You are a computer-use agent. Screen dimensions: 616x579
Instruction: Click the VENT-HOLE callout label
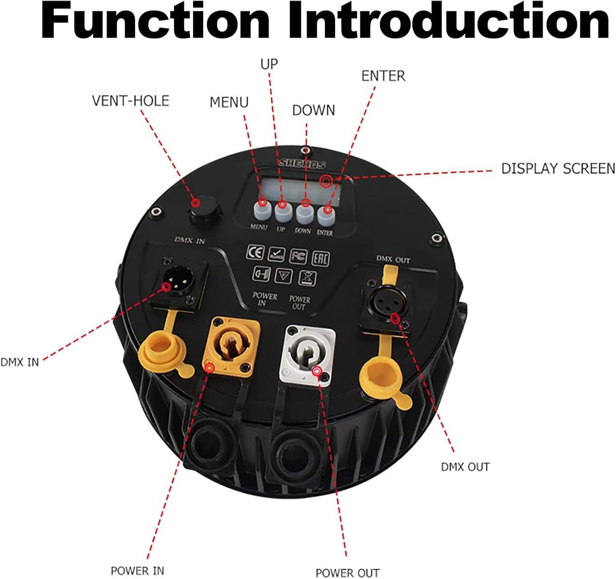click(x=130, y=101)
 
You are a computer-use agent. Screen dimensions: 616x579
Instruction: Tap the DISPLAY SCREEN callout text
click(x=559, y=168)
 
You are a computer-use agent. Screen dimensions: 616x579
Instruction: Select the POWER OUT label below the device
click(x=348, y=572)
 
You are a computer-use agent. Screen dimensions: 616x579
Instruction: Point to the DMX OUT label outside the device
click(x=465, y=467)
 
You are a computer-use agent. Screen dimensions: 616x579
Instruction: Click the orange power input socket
click(x=231, y=347)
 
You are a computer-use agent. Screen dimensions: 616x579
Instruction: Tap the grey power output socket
click(x=307, y=355)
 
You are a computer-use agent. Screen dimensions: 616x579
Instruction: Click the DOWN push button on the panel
click(x=304, y=213)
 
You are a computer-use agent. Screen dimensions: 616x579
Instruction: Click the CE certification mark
click(x=255, y=252)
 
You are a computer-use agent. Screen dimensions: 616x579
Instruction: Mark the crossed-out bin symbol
click(x=307, y=278)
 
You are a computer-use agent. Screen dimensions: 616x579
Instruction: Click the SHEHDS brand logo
click(x=302, y=164)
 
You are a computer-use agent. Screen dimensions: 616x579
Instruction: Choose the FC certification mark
click(x=298, y=256)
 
